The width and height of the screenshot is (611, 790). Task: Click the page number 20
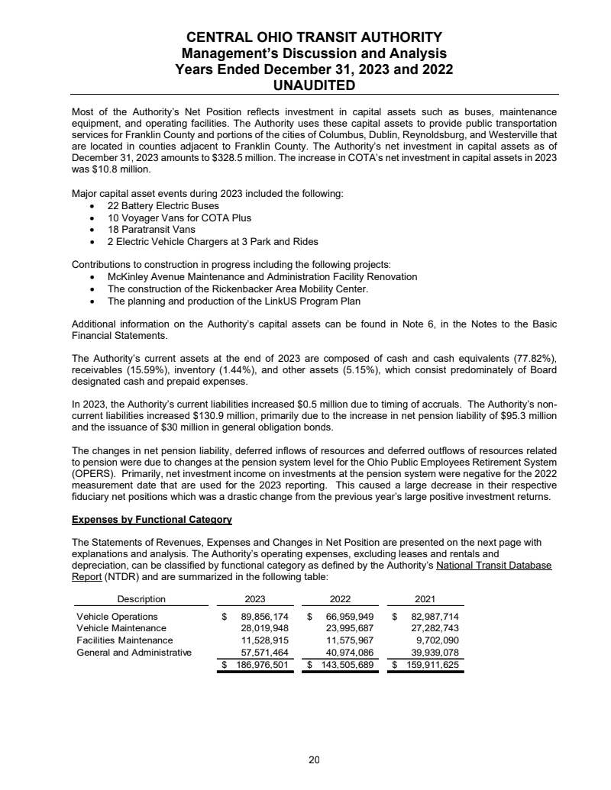click(314, 759)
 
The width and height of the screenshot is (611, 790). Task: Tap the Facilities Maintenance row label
click(124, 640)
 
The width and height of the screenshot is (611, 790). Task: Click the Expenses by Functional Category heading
click(151, 520)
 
